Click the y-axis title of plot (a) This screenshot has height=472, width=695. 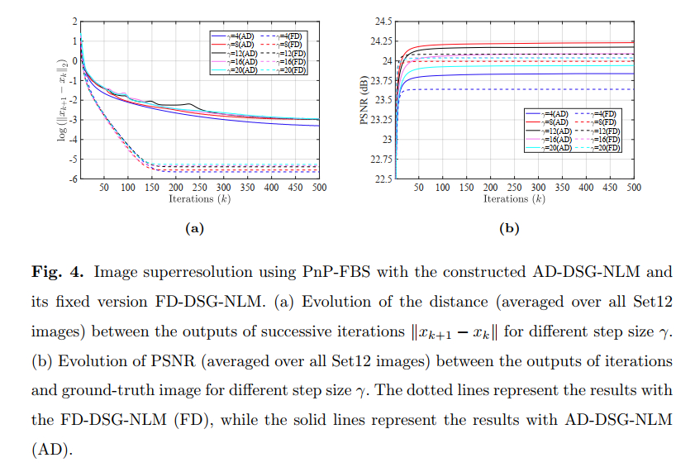[62, 98]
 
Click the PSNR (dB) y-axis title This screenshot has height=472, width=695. [364, 99]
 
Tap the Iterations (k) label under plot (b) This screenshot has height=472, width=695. [514, 198]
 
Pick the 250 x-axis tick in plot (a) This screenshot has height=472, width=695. [199, 188]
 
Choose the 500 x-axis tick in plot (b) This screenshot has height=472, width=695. [633, 188]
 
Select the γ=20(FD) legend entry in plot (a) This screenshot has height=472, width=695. [287, 71]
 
